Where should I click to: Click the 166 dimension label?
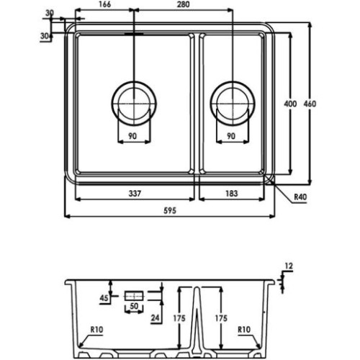105,4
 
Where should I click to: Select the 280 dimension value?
183,4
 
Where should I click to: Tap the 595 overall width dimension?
170,210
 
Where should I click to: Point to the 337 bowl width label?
135,193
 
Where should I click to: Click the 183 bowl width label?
232,193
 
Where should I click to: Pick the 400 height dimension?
290,104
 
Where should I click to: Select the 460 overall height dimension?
310,104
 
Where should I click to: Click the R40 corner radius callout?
300,197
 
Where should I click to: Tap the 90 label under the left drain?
132,136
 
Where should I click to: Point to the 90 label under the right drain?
231,136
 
